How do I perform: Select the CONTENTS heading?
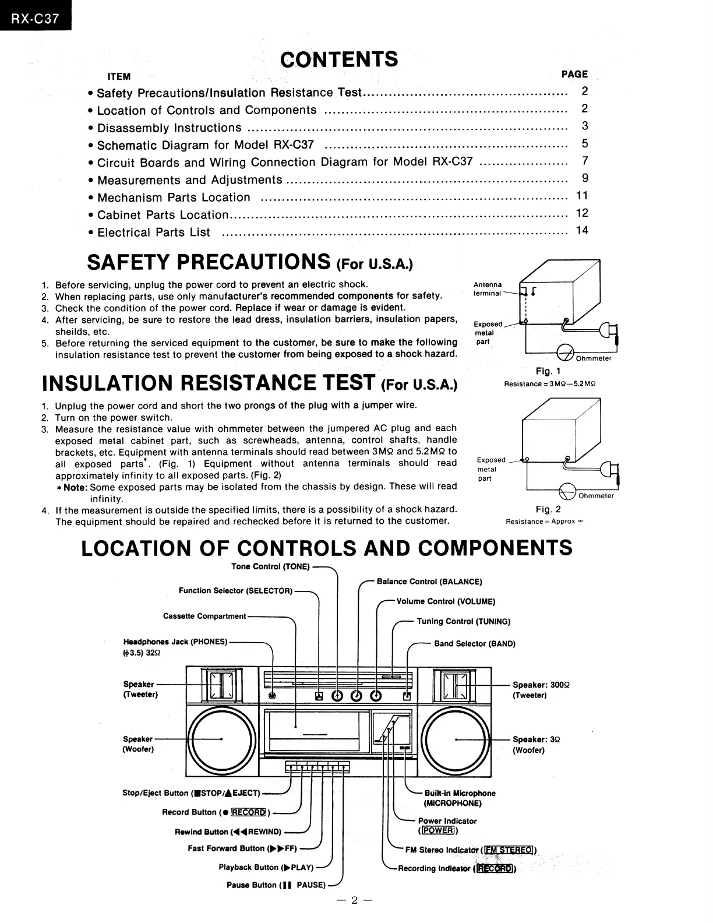click(339, 59)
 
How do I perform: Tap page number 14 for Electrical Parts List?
click(582, 231)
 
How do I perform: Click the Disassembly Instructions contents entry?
click(169, 128)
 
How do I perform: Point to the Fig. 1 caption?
click(548, 371)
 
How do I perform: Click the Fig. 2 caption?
click(548, 509)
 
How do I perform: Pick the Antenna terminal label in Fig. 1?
click(488, 289)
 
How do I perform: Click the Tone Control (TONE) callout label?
click(270, 566)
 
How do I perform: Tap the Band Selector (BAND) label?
click(475, 644)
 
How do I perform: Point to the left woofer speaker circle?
click(221, 739)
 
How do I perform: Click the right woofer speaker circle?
click(457, 739)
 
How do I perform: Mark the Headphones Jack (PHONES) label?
click(175, 642)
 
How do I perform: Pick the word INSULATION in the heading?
click(108, 383)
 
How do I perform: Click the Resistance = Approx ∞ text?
click(544, 522)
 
